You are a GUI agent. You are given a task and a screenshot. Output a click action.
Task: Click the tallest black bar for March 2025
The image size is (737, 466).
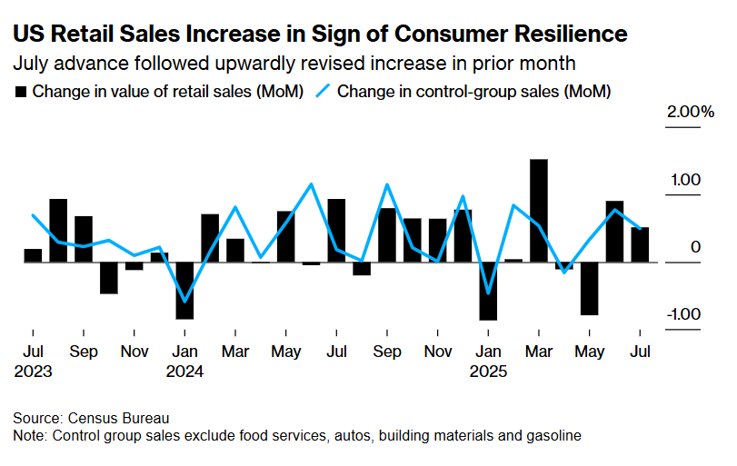coord(539,211)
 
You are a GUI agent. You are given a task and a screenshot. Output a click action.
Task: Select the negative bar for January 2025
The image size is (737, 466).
coord(488,291)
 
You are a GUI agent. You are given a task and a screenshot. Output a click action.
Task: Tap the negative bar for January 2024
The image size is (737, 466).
coord(184,290)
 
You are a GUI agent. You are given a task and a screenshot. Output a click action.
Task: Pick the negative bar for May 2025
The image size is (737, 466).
coord(590,288)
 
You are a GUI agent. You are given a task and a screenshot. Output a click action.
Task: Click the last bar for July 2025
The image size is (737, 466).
coord(641,244)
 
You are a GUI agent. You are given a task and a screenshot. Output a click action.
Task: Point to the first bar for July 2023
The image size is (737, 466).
coord(33,255)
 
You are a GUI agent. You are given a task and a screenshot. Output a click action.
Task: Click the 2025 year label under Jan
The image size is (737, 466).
coord(488,371)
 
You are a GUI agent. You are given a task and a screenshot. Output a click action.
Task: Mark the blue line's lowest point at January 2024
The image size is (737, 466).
coord(185,301)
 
